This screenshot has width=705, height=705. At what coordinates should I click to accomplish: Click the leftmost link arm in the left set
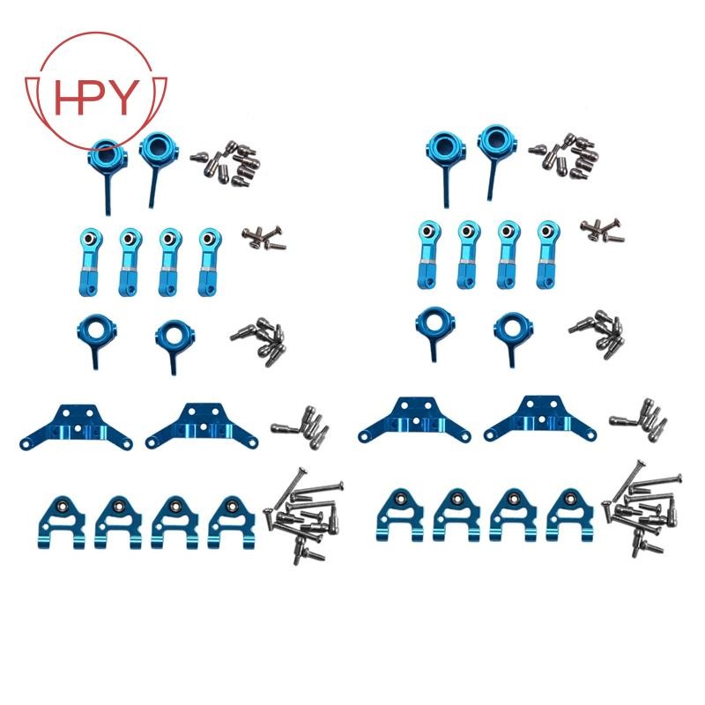92,262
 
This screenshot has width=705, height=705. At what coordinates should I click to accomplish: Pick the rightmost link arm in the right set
548,255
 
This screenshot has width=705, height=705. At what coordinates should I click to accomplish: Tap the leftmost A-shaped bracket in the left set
60,523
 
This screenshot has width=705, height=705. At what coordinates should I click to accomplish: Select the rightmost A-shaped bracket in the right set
569,515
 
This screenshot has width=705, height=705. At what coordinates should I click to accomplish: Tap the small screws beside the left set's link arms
263,238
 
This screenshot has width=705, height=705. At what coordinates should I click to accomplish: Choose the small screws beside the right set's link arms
602,231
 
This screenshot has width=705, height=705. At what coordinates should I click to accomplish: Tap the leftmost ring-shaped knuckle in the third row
96,340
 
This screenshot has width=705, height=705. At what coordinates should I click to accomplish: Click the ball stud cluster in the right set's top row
564,157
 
